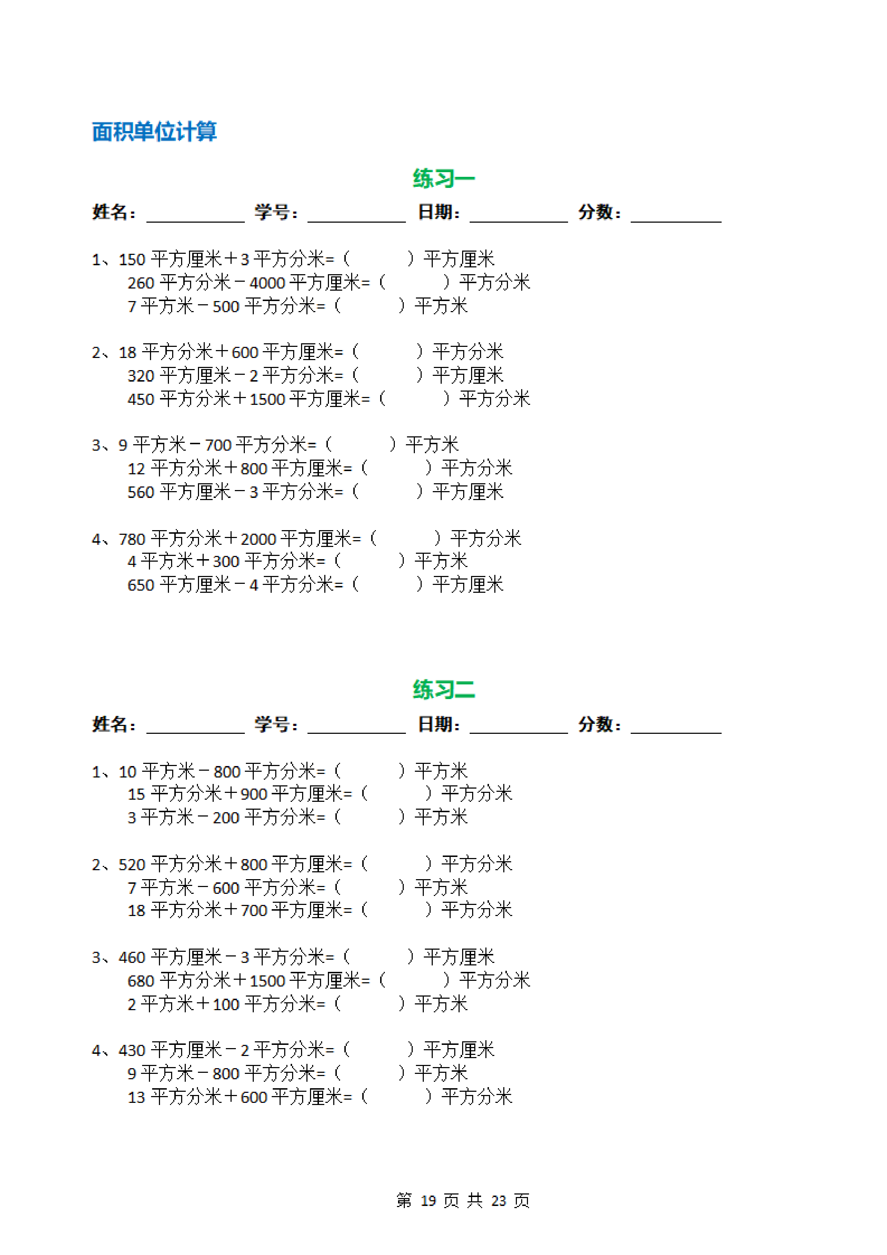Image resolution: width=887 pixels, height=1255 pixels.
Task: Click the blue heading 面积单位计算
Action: [x=154, y=132]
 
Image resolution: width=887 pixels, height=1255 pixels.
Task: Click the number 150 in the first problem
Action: [x=132, y=260]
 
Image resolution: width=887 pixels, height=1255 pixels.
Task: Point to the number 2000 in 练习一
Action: [x=258, y=539]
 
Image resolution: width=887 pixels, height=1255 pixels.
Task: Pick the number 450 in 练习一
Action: [x=141, y=399]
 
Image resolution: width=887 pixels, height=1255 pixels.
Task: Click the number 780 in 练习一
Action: [x=132, y=539]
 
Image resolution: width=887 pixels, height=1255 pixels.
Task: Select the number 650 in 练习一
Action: [x=141, y=585]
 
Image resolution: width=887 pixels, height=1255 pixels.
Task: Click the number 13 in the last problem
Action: [x=136, y=1097]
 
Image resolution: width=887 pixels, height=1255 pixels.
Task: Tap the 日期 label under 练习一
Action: [x=438, y=212]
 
